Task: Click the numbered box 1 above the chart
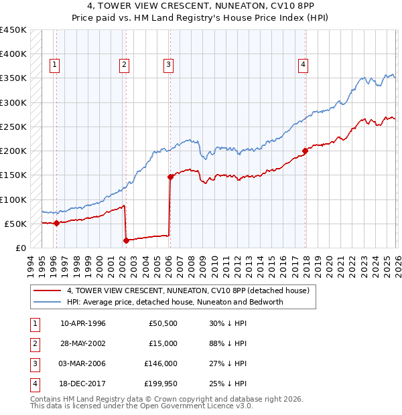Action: tap(54, 65)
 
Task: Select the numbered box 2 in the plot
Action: tap(125, 65)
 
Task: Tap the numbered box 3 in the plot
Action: tap(167, 65)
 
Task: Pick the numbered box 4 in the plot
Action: tap(304, 65)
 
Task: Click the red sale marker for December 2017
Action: tap(304, 151)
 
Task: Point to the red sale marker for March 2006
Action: tap(170, 177)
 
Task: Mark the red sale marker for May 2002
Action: tap(126, 240)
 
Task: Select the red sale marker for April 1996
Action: tap(56, 223)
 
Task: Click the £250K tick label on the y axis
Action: tap(13, 127)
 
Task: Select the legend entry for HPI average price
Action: tap(175, 302)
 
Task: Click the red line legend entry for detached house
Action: tap(188, 291)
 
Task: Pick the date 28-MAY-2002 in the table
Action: tap(83, 343)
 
